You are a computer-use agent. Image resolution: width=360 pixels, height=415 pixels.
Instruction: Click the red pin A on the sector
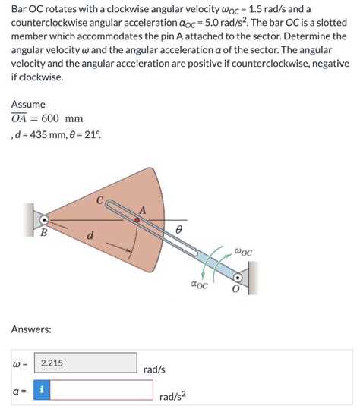pyautogui.click(x=137, y=221)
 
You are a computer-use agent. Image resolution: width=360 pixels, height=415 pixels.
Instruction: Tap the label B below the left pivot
pyautogui.click(x=43, y=233)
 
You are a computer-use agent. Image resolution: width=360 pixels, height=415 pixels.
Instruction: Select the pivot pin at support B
pyautogui.click(x=44, y=221)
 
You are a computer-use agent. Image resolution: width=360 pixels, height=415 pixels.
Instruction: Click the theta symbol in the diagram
pyautogui.click(x=179, y=228)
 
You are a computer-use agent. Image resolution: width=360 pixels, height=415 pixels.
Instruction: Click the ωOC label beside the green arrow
pyautogui.click(x=243, y=252)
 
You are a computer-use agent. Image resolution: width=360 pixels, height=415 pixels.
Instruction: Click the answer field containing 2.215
pyautogui.click(x=86, y=363)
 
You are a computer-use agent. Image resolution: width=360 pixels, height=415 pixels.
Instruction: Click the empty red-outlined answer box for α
pyautogui.click(x=103, y=390)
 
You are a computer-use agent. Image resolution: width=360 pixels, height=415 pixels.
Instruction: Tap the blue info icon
pyautogui.click(x=43, y=390)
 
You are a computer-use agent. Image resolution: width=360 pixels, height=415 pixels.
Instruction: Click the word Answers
pyautogui.click(x=32, y=329)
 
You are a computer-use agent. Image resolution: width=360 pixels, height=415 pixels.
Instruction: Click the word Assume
pyautogui.click(x=29, y=104)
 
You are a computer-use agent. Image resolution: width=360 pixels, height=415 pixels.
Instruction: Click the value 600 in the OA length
pyautogui.click(x=51, y=119)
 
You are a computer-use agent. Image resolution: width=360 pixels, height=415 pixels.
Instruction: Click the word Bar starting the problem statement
pyautogui.click(x=20, y=9)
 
